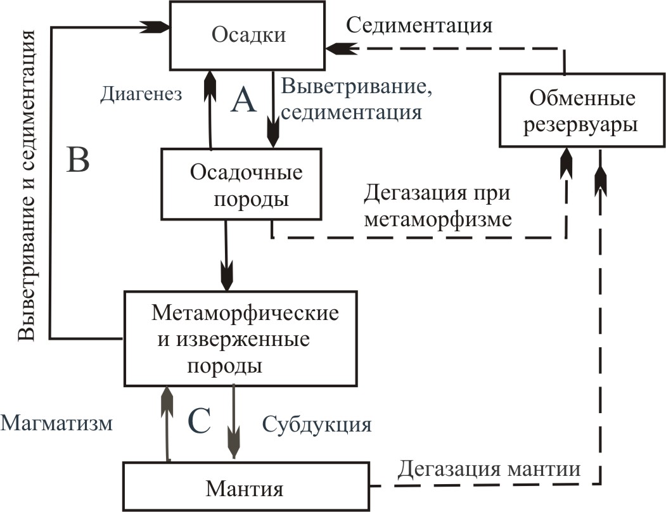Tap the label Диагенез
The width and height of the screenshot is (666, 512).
(141, 94)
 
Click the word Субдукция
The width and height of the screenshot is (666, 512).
(316, 423)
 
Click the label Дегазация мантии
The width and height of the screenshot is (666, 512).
(489, 470)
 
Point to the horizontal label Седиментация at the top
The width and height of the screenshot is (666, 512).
(419, 25)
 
